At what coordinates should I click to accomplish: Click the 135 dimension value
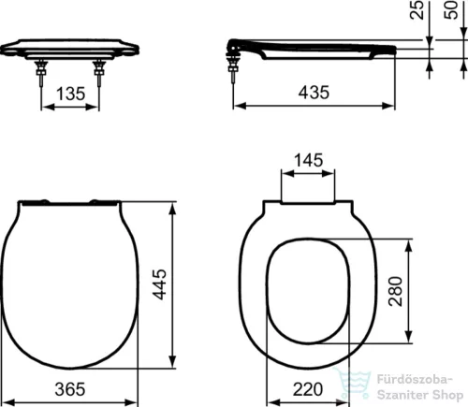click(x=70, y=94)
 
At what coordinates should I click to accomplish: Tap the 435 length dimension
click(x=314, y=93)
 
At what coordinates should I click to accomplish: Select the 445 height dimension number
click(x=161, y=283)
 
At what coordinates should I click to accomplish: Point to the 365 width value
click(x=70, y=389)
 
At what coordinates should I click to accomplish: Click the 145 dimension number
click(x=309, y=160)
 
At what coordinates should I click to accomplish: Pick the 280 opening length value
click(x=396, y=291)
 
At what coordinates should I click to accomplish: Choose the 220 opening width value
click(x=308, y=389)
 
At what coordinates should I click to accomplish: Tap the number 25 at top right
click(x=417, y=10)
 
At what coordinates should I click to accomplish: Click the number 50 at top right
click(x=452, y=10)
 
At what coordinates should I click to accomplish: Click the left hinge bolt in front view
click(x=41, y=73)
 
